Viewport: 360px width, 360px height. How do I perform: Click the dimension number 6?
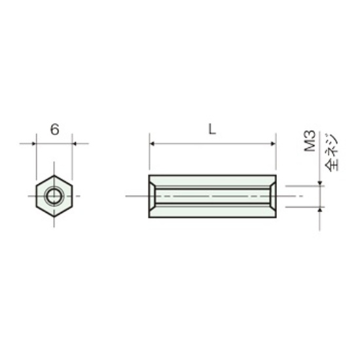click(54, 130)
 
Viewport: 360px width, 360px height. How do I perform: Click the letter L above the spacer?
click(212, 129)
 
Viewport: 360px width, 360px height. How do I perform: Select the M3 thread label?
click(310, 141)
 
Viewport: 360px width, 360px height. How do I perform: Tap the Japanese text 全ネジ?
click(332, 153)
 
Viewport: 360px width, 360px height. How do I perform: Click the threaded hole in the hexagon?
click(54, 196)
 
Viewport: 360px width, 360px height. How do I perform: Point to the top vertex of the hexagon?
click(54, 175)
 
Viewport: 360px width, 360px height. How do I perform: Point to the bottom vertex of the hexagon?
click(54, 216)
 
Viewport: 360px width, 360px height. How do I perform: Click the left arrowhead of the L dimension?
click(152, 144)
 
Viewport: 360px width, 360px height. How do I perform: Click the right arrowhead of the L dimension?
click(273, 144)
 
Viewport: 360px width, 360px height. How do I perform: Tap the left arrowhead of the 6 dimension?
click(34, 144)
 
